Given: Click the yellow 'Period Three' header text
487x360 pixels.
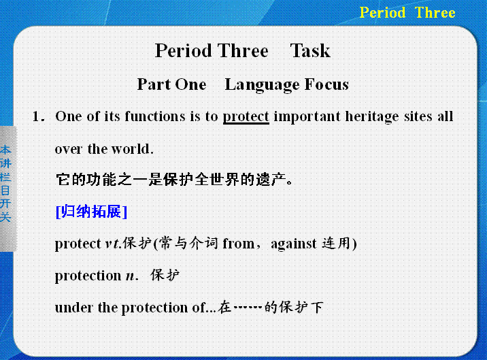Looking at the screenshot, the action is coord(407,13).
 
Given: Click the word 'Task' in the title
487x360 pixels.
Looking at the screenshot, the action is coord(310,50).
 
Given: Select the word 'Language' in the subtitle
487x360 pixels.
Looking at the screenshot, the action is coord(262,85).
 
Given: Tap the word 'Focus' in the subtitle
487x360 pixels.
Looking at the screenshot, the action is coord(326,84).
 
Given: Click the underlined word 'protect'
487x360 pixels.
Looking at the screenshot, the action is coord(246,117).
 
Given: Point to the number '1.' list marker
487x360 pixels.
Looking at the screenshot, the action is coord(39,116).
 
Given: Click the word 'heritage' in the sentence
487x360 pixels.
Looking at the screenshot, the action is coord(372,117).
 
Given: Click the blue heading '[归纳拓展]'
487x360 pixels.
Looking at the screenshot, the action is coord(91,212).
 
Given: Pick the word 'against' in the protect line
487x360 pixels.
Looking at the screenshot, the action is coord(294,244).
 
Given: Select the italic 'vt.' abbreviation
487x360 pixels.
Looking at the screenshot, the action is coord(113,244).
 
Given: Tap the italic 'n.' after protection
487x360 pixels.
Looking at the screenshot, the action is coord(132,276).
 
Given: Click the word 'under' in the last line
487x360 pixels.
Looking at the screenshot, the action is coord(73,308).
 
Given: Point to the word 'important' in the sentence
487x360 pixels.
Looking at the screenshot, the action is coord(307,117).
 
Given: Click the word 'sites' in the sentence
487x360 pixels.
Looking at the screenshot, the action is coord(418,116).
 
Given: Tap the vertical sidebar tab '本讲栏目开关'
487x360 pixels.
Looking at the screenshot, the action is coord(5,184).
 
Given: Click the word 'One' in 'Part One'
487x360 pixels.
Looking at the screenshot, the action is coord(190,84).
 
